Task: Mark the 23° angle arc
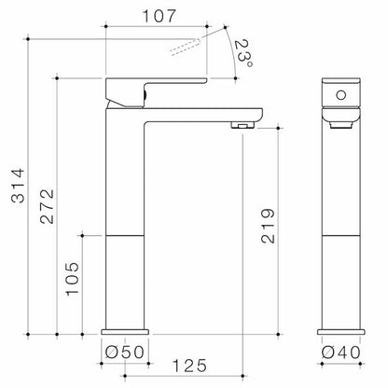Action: click(x=229, y=52)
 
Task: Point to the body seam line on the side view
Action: click(x=125, y=234)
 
